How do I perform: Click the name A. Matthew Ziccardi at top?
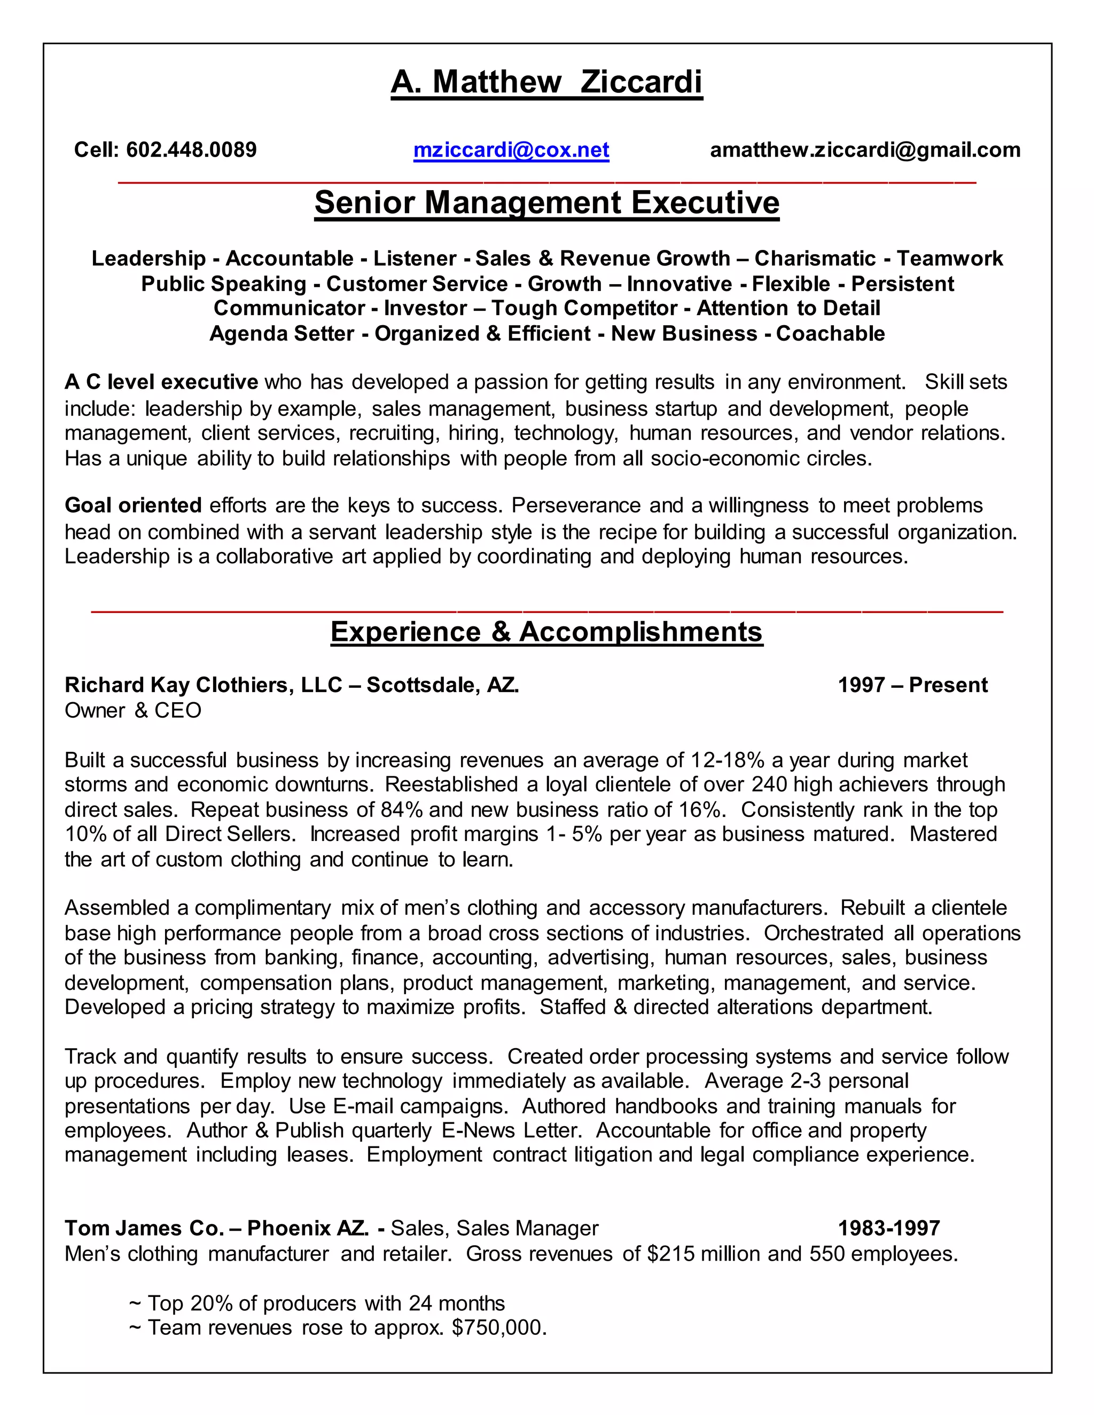[x=546, y=82]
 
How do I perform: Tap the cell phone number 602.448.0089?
[x=191, y=151]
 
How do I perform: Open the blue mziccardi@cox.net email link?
[x=511, y=151]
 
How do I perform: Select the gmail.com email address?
[x=865, y=151]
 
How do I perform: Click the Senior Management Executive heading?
[x=546, y=203]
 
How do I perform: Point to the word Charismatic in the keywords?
[x=815, y=258]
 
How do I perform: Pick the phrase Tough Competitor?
[x=584, y=309]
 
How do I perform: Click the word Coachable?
[x=830, y=334]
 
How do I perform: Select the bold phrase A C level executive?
[x=161, y=382]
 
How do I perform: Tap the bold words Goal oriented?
[x=133, y=505]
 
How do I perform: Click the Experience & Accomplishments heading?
[x=546, y=632]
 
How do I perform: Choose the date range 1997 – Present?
[x=912, y=685]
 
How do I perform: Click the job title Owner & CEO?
[x=133, y=711]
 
